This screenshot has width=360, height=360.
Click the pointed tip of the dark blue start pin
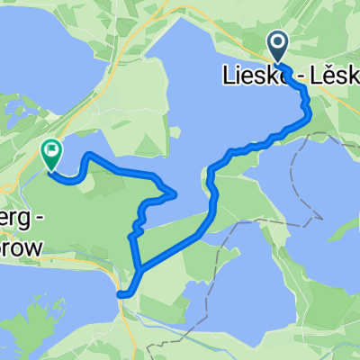click(278, 64)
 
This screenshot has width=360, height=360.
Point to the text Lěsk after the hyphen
click(332, 79)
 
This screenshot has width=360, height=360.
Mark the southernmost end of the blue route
click(122, 293)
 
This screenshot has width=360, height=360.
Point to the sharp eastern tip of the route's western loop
click(174, 193)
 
